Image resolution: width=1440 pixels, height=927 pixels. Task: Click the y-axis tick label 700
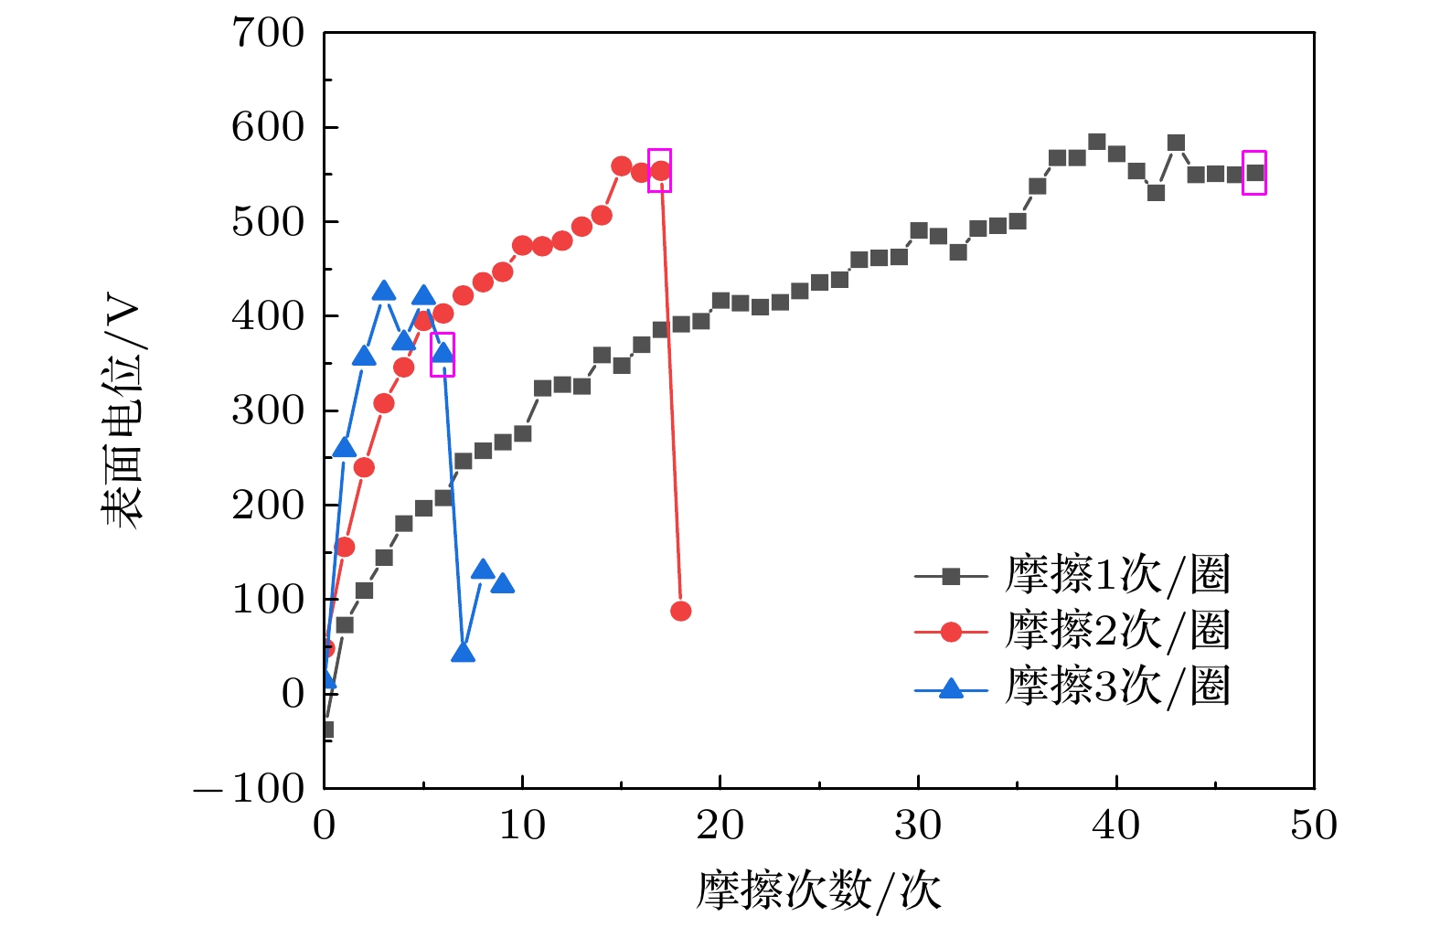pyautogui.click(x=268, y=34)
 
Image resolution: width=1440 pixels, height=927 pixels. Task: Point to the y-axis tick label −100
pyautogui.click(x=250, y=788)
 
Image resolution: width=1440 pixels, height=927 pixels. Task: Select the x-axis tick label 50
pyautogui.click(x=1313, y=826)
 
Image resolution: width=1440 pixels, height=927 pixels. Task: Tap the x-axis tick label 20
pyautogui.click(x=720, y=826)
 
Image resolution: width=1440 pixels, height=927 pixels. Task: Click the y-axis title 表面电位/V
pyautogui.click(x=122, y=411)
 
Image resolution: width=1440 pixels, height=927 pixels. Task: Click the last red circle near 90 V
pyautogui.click(x=680, y=611)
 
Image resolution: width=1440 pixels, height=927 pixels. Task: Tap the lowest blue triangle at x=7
pyautogui.click(x=463, y=653)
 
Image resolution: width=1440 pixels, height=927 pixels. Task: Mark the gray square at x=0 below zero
pyautogui.click(x=326, y=730)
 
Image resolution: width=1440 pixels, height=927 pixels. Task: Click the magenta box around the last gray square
pyautogui.click(x=1253, y=173)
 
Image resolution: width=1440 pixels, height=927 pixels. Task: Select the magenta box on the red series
pyautogui.click(x=659, y=170)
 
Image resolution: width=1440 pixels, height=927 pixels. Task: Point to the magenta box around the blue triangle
pyautogui.click(x=443, y=355)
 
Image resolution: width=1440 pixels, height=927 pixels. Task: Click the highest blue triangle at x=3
pyautogui.click(x=384, y=292)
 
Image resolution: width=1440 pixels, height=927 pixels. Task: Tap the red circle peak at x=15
pyautogui.click(x=621, y=166)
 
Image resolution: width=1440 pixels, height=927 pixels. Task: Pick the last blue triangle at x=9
pyautogui.click(x=502, y=583)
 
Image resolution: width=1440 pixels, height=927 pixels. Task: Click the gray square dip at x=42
pyautogui.click(x=1156, y=193)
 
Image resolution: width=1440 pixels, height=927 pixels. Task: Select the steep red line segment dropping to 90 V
pyautogui.click(x=670, y=393)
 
